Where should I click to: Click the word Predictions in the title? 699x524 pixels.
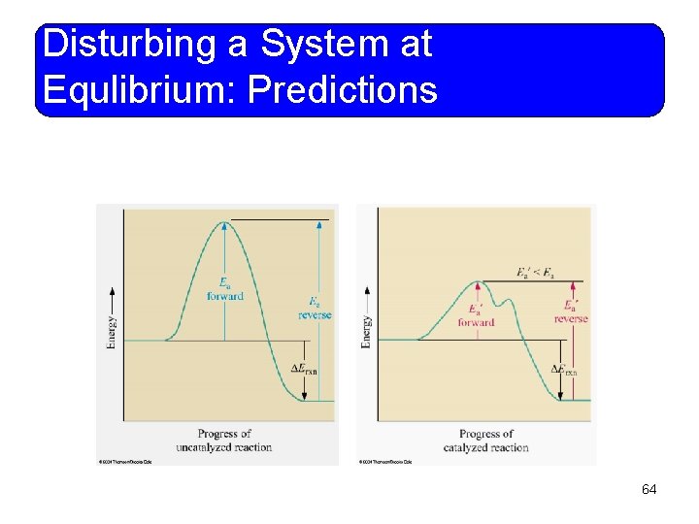[x=344, y=90]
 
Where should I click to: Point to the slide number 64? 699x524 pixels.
[x=649, y=490]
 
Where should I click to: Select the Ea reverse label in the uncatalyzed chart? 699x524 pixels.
[x=315, y=308]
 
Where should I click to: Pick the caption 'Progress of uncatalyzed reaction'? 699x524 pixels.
[x=224, y=441]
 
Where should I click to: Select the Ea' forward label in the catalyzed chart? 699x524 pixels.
[x=476, y=316]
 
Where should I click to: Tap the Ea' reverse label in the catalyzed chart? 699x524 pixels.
[x=571, y=312]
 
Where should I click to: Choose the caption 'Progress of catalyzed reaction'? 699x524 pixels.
[x=485, y=441]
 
